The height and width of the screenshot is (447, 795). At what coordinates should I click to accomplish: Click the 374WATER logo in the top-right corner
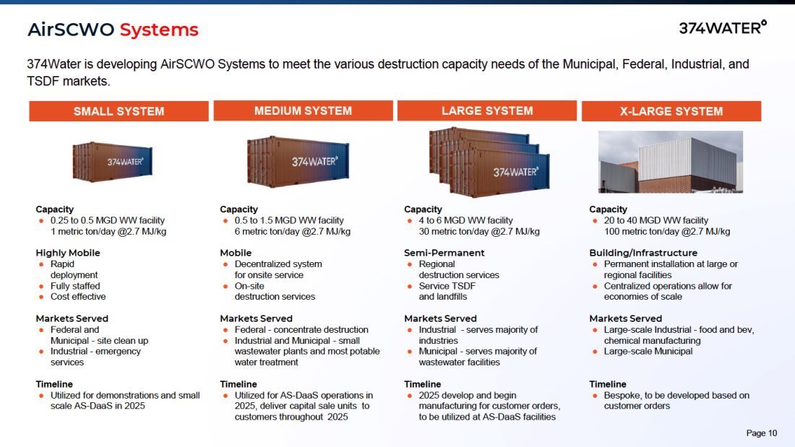[x=722, y=27]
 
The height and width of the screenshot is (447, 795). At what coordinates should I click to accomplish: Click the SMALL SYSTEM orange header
[x=119, y=111]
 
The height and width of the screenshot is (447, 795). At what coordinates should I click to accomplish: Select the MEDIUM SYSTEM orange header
[x=304, y=110]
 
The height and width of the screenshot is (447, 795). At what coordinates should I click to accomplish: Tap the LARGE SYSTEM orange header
[x=487, y=110]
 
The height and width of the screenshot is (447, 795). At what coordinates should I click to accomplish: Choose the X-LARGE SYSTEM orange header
[x=671, y=111]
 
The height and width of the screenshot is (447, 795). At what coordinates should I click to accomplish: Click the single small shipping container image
[x=112, y=161]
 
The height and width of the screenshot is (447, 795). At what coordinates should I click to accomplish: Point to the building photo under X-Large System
[x=671, y=162]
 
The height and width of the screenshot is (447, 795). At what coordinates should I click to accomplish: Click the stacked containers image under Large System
[x=489, y=162]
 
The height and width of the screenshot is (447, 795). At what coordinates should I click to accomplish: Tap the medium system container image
[x=298, y=161]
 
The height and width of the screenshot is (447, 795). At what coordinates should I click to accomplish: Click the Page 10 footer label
[x=762, y=433]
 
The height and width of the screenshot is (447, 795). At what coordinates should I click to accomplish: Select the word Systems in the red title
[x=159, y=30]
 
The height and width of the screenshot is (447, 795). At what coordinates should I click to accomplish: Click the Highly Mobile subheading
[x=68, y=253]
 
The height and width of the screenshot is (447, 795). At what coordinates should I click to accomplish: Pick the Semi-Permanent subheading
[x=444, y=253]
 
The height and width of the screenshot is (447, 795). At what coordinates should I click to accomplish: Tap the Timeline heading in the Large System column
[x=423, y=384]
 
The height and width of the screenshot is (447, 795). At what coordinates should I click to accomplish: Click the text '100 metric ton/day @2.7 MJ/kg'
[x=667, y=232]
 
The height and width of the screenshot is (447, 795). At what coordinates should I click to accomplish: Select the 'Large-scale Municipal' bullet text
[x=648, y=352]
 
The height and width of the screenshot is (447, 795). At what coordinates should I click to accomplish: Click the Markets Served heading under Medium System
[x=256, y=318]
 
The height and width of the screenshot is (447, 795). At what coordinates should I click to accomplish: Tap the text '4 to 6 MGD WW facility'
[x=466, y=220]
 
